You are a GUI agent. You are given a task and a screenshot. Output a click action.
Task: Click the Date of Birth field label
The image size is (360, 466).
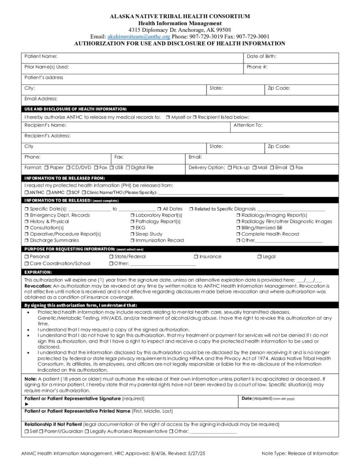(x=262, y=56)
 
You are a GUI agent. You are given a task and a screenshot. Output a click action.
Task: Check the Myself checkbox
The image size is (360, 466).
(x=168, y=117)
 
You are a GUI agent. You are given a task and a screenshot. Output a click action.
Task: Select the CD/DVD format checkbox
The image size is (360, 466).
(x=68, y=167)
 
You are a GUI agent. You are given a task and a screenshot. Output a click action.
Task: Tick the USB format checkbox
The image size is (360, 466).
(x=112, y=167)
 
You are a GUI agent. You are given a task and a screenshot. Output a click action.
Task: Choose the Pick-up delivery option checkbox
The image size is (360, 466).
(x=229, y=167)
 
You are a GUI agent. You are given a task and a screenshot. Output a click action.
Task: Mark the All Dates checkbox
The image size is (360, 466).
(x=159, y=209)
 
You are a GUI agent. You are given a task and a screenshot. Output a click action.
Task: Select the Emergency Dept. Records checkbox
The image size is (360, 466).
(x=26, y=215)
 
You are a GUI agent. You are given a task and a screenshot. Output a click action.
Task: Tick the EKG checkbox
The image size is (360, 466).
(x=132, y=228)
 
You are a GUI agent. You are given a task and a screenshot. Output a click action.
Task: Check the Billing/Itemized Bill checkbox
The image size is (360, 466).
(x=238, y=228)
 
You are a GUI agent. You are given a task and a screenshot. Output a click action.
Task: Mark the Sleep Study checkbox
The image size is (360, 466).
(x=132, y=234)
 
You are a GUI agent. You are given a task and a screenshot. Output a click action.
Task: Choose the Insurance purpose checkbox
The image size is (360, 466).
(x=196, y=257)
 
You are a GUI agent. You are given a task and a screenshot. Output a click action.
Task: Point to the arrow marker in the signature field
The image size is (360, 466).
(x=26, y=404)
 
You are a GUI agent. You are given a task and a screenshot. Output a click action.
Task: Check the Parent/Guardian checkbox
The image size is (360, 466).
(x=41, y=431)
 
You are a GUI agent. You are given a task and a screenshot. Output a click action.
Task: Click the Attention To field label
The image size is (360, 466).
(x=248, y=125)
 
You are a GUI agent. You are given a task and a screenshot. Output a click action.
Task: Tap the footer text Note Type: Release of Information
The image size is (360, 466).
(x=300, y=453)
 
